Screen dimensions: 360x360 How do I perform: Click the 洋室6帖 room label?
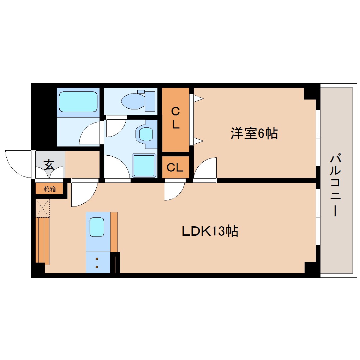pos(254,134)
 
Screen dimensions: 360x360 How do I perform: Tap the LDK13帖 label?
pos(210,231)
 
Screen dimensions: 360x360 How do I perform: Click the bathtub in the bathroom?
pos(78,102)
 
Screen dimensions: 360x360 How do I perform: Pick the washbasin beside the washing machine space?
pos(146,134)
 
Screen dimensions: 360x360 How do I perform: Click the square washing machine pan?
pos(144,165)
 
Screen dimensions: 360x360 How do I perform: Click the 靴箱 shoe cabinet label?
pos(50,189)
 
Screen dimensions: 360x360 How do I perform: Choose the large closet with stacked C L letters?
pos(175,119)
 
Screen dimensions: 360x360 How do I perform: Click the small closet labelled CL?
pos(175,167)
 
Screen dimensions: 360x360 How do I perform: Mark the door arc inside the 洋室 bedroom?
pos(206,168)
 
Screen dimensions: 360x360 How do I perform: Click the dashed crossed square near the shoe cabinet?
pos(43,208)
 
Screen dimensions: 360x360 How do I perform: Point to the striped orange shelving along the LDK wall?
pos(42,241)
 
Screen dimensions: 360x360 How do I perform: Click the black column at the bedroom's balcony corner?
pos(311,93)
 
